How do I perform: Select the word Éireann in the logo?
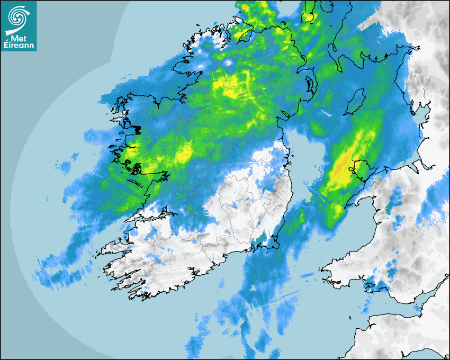point(18,46)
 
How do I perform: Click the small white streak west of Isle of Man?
point(325,112)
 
